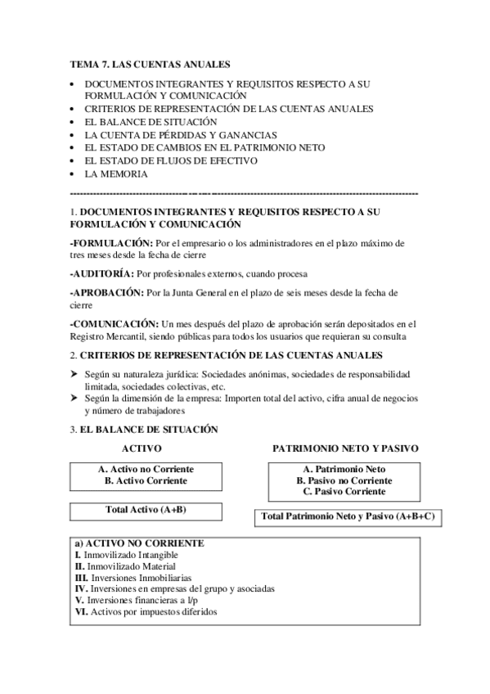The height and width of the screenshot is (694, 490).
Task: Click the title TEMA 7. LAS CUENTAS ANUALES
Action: pos(150,63)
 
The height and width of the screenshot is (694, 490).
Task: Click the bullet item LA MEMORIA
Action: pos(116,174)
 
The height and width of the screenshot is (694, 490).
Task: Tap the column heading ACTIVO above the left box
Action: pos(141,449)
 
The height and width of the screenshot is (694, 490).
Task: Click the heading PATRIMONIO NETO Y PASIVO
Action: pos(345,449)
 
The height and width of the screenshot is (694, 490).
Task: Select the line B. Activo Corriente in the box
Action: pos(146,481)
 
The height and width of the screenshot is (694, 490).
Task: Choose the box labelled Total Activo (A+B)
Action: pos(146,510)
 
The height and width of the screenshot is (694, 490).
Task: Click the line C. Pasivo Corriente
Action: pos(344,493)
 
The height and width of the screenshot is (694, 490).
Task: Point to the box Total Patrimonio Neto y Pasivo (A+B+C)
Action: pos(346,517)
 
